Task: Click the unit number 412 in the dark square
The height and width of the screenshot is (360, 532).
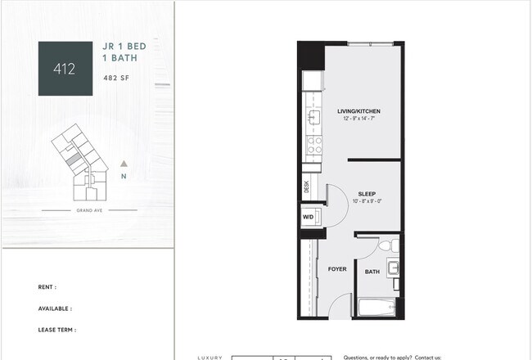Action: tap(65, 69)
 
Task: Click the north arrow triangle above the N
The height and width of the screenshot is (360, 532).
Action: tap(124, 164)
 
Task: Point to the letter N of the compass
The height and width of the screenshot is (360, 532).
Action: tap(124, 177)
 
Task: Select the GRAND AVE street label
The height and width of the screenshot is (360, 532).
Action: tap(90, 210)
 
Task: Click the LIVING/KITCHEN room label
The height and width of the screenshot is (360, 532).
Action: tap(358, 110)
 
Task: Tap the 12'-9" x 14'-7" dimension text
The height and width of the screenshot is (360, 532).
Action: tap(358, 119)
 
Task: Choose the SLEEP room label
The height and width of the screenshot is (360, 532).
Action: tap(366, 194)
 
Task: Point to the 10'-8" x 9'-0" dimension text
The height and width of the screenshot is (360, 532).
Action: tap(366, 202)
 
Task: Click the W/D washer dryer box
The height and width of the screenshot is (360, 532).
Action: tap(309, 217)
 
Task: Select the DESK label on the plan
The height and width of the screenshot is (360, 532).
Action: tap(306, 187)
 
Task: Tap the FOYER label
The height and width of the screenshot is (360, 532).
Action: tap(337, 268)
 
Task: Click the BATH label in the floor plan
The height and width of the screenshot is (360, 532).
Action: tap(372, 272)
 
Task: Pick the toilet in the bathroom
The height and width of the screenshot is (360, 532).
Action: tap(389, 245)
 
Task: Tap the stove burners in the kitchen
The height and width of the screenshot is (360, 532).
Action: tap(313, 146)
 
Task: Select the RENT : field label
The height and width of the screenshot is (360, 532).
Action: tap(47, 287)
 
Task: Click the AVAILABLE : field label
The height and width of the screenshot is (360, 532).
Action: tap(55, 308)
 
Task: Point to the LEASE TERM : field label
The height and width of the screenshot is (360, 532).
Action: tap(57, 330)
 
